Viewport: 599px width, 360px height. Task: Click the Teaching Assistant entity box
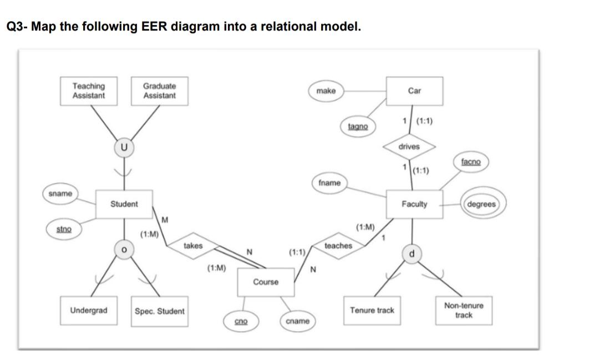coord(89,91)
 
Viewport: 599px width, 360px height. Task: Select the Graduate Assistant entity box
coord(159,91)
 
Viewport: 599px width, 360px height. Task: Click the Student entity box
coord(124,204)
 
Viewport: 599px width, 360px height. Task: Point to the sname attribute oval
coord(60,194)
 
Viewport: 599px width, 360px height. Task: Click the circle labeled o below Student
coord(124,250)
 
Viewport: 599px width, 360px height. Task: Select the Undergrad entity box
coord(89,311)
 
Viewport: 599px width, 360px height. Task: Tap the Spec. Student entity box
coord(160,311)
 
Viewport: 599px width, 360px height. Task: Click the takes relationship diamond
coord(193,246)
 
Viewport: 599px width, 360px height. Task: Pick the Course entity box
coord(266,282)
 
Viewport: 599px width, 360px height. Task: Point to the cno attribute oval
coord(241,321)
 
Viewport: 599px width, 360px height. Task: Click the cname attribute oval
coord(298,321)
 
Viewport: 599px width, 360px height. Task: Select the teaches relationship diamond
coord(338,246)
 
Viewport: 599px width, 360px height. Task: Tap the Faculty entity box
coord(414,204)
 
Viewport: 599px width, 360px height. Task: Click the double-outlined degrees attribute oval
coord(482,204)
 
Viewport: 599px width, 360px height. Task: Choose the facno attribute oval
coord(471,162)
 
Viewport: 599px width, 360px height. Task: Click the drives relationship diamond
coord(409,147)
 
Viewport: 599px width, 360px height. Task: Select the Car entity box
coord(414,91)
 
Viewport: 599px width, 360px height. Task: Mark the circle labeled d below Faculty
coord(412,253)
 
